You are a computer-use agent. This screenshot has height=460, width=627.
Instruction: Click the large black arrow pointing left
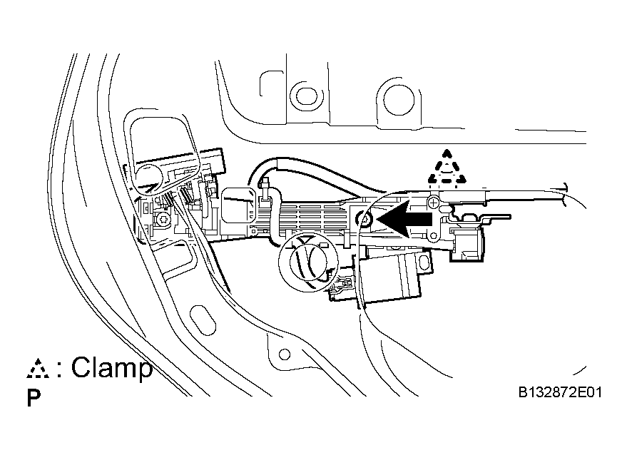(404, 219)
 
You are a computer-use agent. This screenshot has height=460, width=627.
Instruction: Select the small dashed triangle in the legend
(38, 369)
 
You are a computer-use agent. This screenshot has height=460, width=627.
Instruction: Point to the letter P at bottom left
(34, 398)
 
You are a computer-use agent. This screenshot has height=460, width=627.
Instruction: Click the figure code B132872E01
(560, 392)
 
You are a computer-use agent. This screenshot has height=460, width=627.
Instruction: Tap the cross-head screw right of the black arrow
(433, 203)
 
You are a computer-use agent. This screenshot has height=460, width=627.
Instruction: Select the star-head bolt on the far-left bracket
(164, 219)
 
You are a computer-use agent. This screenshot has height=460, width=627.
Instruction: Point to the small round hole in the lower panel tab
(285, 354)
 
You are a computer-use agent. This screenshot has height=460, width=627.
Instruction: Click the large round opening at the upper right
(399, 99)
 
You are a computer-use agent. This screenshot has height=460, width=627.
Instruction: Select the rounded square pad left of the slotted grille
(238, 205)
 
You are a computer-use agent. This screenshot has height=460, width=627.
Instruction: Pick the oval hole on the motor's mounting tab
(424, 263)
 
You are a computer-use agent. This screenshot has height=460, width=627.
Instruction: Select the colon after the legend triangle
(59, 369)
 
